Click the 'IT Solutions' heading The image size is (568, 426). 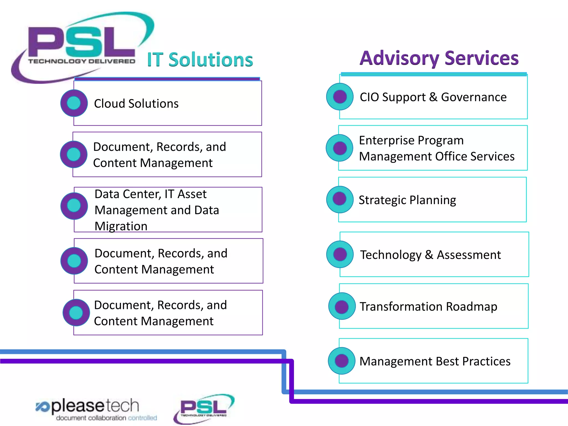(200, 59)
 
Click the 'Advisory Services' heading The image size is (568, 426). (439, 58)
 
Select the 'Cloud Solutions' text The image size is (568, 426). (136, 103)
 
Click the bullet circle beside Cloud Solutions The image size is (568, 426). (74, 103)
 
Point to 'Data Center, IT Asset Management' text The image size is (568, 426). (157, 202)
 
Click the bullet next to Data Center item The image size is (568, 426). (74, 206)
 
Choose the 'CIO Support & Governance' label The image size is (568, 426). (433, 97)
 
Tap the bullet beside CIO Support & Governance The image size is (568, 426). (340, 97)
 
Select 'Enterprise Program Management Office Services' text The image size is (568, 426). (437, 148)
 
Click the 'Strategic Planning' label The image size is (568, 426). (407, 200)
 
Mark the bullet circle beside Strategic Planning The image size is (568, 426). (340, 199)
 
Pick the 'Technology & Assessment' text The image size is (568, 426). (430, 255)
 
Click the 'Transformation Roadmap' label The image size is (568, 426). (428, 306)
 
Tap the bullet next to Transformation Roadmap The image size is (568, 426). (342, 306)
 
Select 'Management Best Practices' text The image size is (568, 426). (435, 361)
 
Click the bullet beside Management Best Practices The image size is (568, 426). (341, 361)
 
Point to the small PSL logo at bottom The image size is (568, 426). (204, 408)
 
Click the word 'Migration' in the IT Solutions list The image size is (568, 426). (121, 226)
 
